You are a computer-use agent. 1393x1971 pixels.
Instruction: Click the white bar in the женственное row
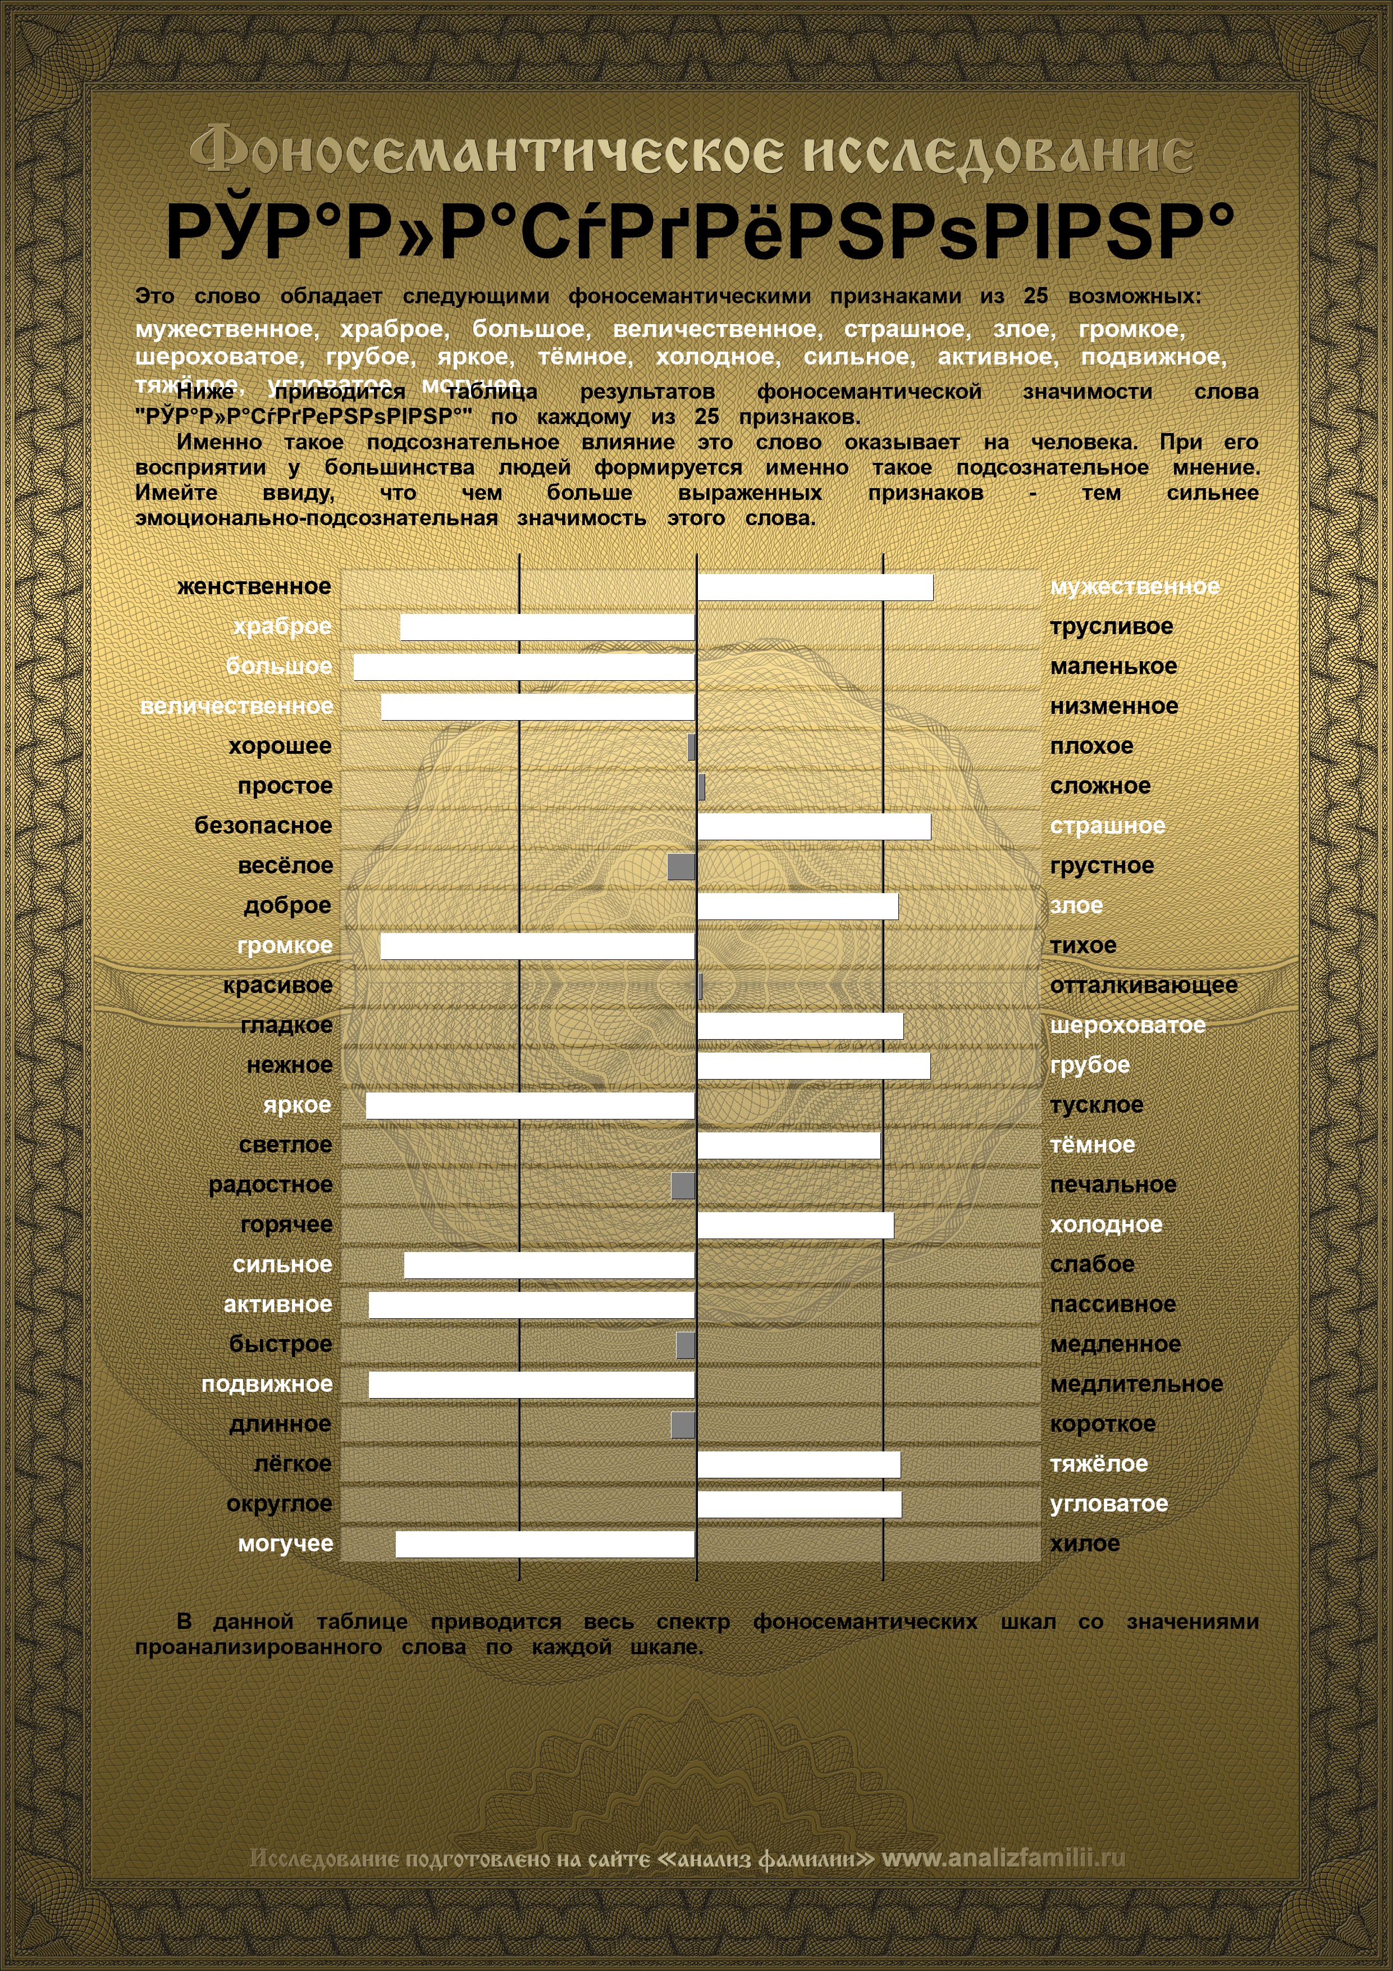tap(815, 587)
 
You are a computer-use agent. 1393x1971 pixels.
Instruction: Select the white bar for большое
tap(523, 667)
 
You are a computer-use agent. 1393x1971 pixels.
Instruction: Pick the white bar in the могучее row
tap(545, 1544)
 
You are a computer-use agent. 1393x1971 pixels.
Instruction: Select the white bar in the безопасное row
tap(814, 827)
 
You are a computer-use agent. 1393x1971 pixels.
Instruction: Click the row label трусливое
tap(1111, 627)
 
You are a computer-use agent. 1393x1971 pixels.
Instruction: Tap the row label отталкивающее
tap(1143, 985)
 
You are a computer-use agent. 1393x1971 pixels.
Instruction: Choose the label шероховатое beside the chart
tap(1127, 1025)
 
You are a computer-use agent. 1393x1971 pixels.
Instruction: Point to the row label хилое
tap(1085, 1544)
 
